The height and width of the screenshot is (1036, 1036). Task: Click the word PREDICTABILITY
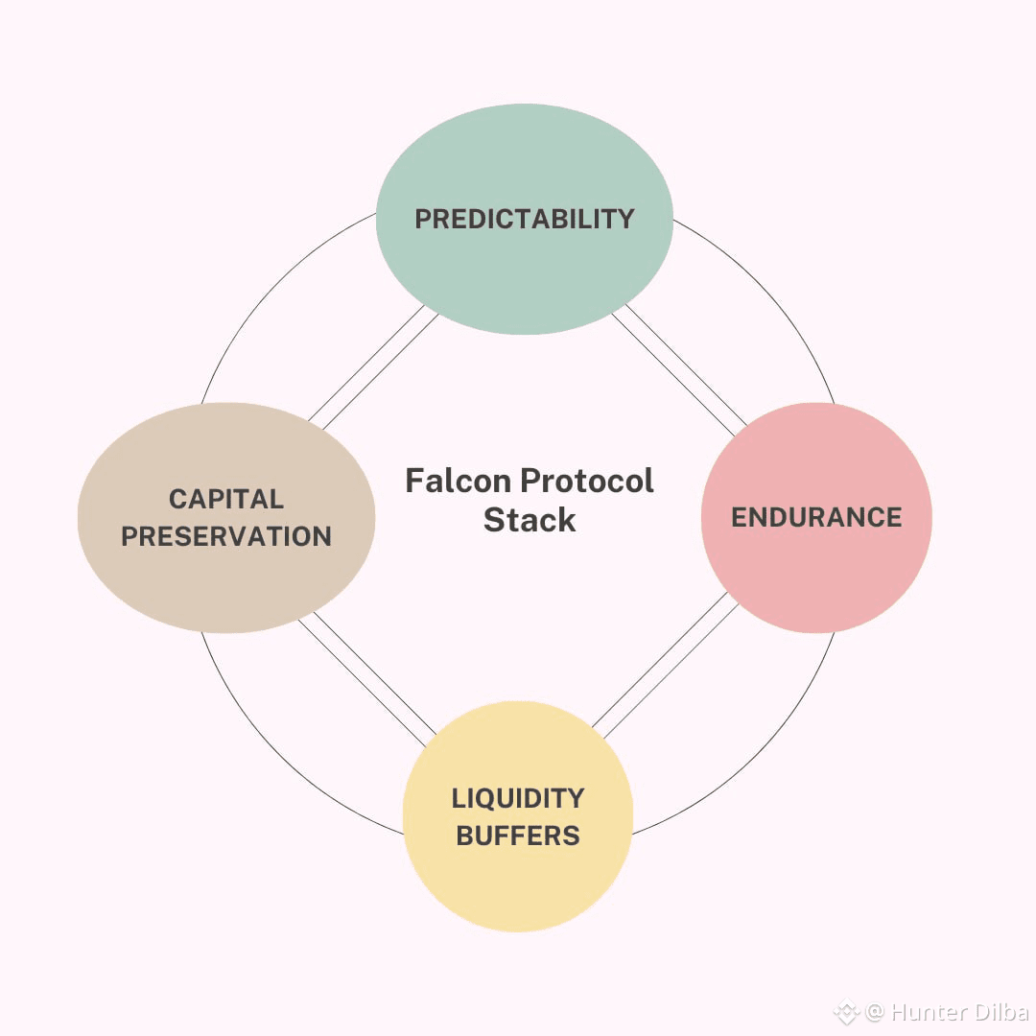point(524,219)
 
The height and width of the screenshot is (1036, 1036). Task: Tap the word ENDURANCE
point(816,518)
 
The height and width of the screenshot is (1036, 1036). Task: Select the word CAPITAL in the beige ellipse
point(226,499)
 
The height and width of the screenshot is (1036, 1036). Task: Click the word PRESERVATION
point(226,536)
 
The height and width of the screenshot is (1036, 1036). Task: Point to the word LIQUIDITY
point(518,798)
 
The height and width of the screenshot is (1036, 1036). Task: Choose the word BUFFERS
point(518,836)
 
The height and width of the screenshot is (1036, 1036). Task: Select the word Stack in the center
point(530,520)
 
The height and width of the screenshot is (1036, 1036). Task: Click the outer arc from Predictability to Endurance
point(767,288)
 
